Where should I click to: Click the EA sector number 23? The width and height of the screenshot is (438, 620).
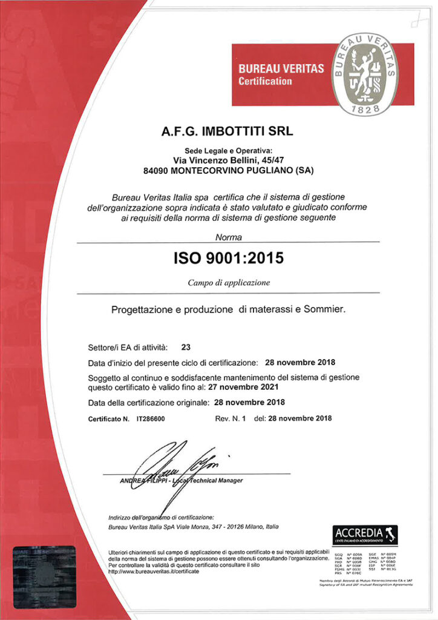point(186,348)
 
